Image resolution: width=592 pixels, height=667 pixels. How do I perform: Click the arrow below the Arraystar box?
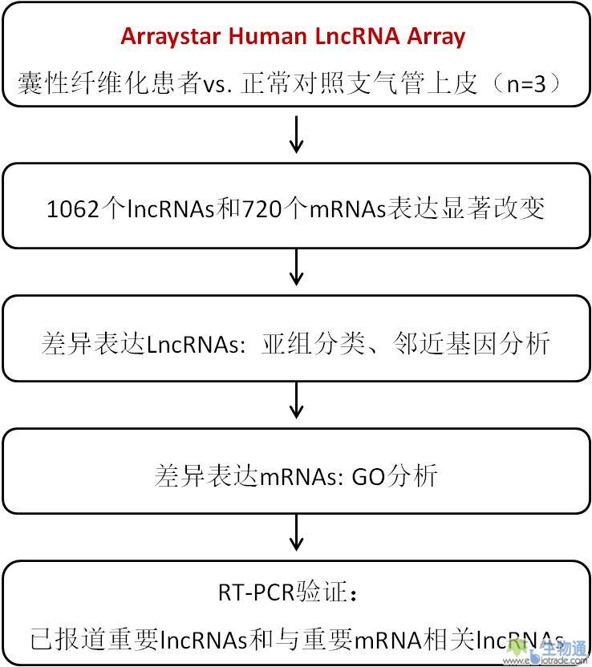pyautogui.click(x=296, y=134)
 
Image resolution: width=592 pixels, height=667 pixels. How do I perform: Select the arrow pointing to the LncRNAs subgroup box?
pyautogui.click(x=296, y=267)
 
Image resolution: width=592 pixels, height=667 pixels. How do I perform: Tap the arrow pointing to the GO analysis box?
pyautogui.click(x=296, y=400)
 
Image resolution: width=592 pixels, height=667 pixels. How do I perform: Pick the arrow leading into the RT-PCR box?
pyautogui.click(x=296, y=532)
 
